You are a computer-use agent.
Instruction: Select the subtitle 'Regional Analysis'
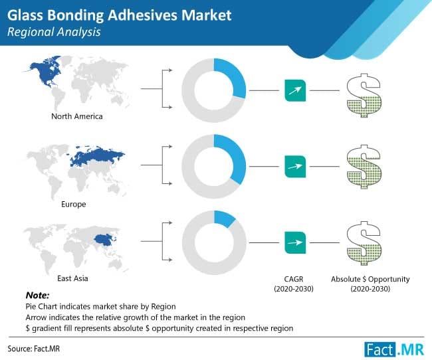point(54,31)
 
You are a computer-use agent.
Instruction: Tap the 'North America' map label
point(77,117)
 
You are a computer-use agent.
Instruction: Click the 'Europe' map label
point(74,204)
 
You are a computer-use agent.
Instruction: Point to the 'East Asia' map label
point(74,279)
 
